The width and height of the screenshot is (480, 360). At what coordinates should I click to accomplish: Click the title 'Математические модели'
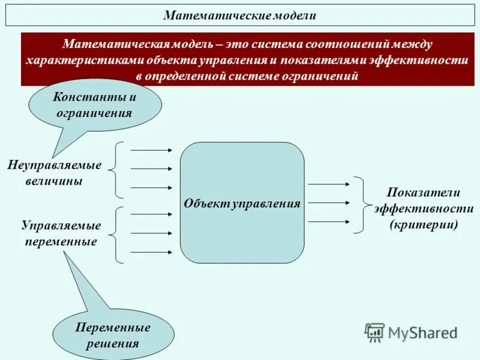[239, 16]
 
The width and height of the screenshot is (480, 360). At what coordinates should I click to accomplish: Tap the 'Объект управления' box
[242, 203]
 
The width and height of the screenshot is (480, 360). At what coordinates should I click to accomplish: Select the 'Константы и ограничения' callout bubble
[95, 105]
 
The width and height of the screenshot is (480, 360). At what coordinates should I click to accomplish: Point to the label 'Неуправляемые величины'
[54, 173]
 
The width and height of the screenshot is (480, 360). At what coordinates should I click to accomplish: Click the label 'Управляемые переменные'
[61, 234]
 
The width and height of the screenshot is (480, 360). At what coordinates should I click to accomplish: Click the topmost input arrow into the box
[151, 150]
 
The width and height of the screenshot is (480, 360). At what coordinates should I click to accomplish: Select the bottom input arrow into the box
[151, 252]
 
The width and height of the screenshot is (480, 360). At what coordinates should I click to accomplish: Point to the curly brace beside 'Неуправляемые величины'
[117, 170]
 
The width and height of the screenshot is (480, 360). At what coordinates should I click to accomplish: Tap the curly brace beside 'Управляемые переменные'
[117, 234]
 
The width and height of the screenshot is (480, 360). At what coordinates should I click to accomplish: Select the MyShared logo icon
[375, 332]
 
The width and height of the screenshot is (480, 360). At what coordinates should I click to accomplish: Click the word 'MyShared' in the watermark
[422, 332]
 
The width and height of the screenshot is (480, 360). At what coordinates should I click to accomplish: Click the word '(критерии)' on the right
[424, 225]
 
